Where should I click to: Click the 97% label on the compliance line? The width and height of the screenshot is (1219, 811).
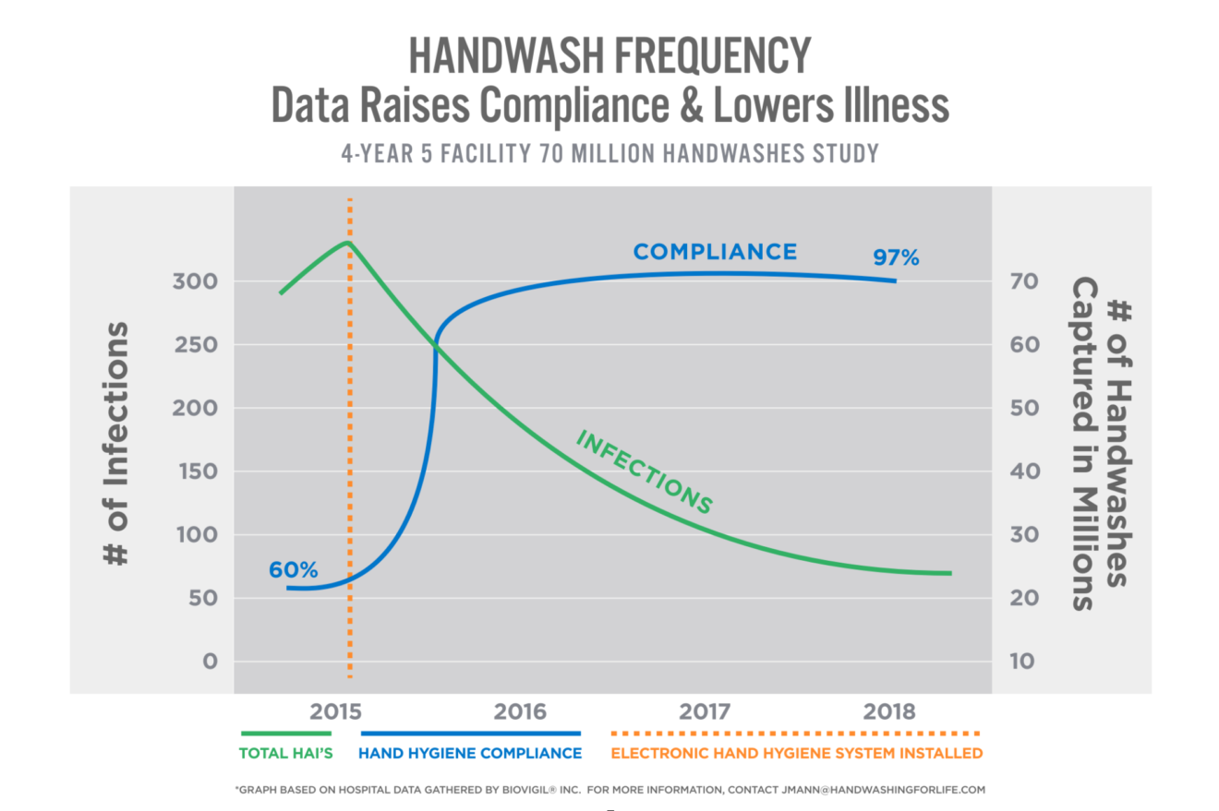pos(896,257)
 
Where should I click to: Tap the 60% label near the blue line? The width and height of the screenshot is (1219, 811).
pos(293,569)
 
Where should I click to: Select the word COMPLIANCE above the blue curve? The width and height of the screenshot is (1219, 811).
pos(714,251)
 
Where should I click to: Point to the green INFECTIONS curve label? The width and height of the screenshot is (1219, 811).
pos(645,471)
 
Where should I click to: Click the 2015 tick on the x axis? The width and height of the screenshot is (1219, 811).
pos(334,711)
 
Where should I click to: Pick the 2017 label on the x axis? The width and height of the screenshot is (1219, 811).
pos(705,711)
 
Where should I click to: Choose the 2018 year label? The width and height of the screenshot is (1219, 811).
pos(890,711)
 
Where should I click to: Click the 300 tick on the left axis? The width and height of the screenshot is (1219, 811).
pos(197,281)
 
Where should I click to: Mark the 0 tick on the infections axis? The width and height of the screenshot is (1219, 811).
pos(210,662)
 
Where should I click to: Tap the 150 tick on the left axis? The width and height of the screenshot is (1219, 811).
pos(197,471)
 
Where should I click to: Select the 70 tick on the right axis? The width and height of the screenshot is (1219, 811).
pos(1023,281)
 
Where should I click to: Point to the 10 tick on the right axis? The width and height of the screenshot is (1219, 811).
pos(1023,662)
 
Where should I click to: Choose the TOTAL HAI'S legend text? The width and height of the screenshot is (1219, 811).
pos(284,753)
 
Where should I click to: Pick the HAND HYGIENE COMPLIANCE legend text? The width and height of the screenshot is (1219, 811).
pos(470,753)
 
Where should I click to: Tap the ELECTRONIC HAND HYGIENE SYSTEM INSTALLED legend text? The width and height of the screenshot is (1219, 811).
pos(796,753)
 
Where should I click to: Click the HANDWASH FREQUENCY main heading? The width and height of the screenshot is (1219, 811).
pos(609,57)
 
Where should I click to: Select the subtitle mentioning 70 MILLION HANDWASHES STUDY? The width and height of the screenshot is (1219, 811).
pos(609,153)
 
